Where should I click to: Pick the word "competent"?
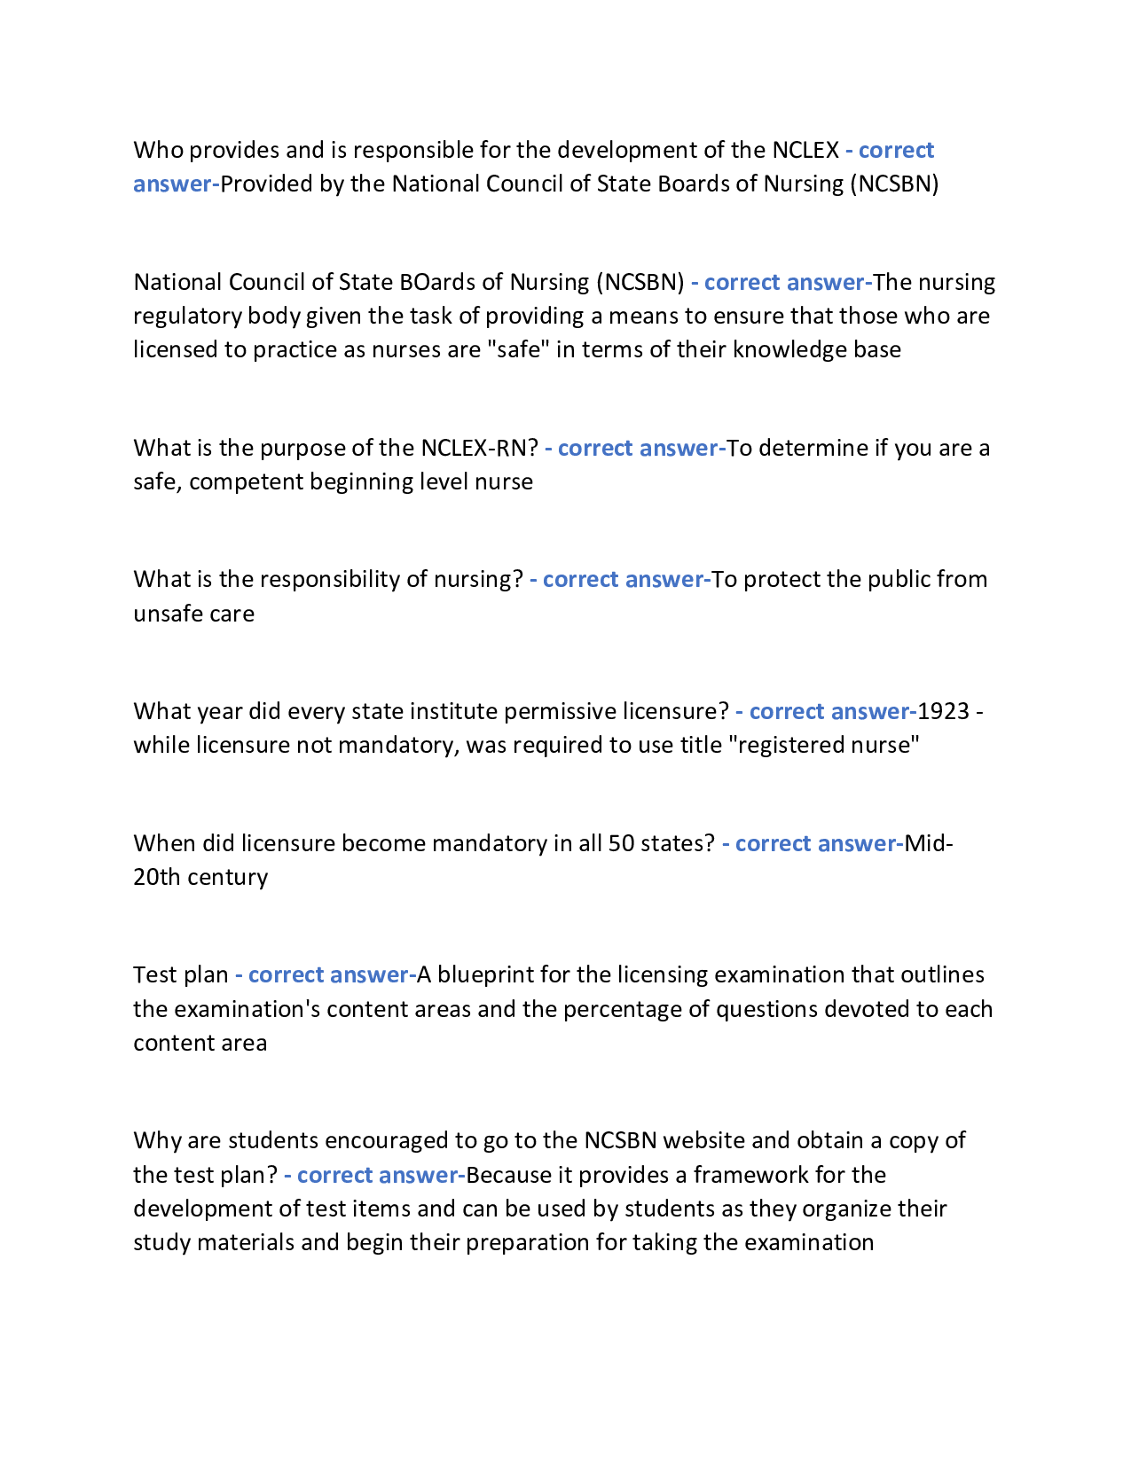point(238,481)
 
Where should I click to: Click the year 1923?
point(943,711)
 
